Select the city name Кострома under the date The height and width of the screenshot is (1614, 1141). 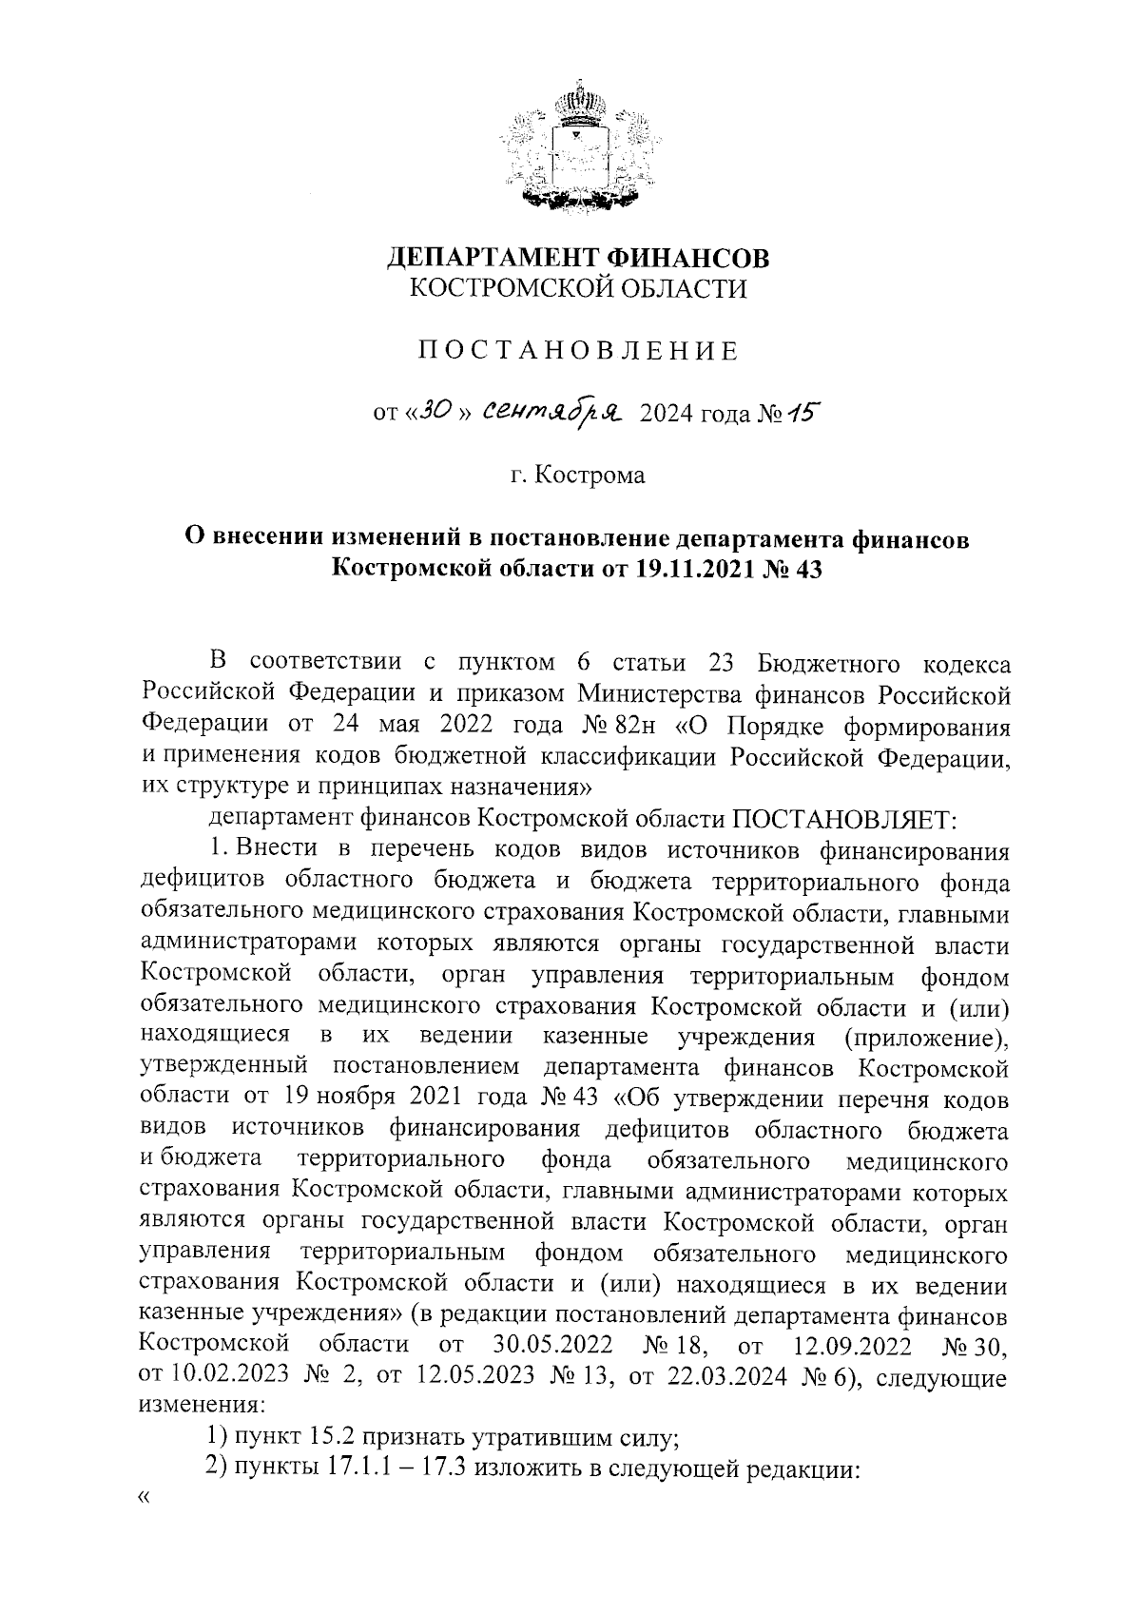click(x=590, y=475)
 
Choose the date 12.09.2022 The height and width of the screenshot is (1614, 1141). click(x=851, y=1346)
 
